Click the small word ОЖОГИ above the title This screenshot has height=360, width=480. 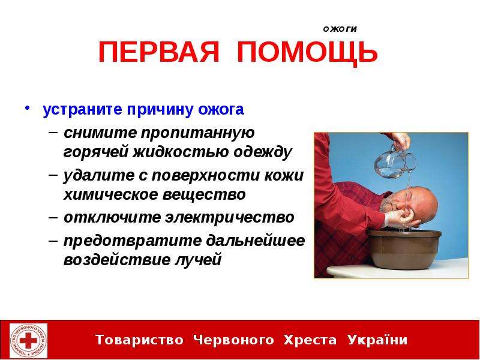coord(340,29)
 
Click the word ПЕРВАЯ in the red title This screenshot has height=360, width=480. coord(159,52)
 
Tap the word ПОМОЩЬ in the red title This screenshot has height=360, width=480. coord(307,53)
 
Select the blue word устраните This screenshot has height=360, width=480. coord(83,109)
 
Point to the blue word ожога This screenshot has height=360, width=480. coord(221,109)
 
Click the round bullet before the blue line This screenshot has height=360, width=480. coord(28,108)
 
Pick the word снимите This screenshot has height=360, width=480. coord(100,133)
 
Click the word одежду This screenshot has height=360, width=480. coord(263,152)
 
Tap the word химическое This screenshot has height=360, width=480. coord(110,194)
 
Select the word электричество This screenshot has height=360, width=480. coord(229,217)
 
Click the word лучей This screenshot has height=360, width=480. coord(198,260)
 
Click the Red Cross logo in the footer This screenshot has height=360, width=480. coord(28,340)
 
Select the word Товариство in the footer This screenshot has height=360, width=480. coord(139,340)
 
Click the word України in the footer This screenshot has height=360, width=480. coord(377,340)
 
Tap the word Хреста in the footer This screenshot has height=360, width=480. coord(310,340)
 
